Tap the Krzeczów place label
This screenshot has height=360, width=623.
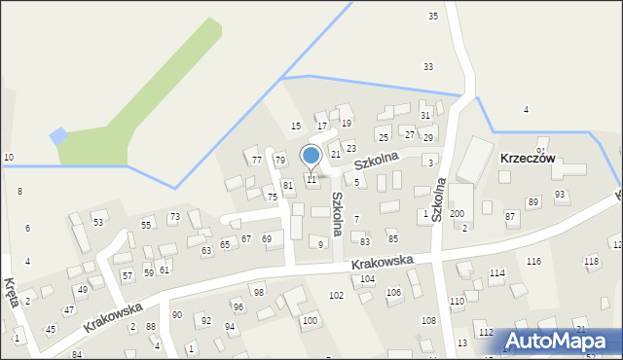pos(527,158)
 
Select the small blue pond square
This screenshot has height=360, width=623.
pos(59,136)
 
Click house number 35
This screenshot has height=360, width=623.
pos(433,17)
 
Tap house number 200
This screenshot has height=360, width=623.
pos(457,213)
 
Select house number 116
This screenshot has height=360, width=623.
pos(533,262)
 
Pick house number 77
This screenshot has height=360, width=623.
pos(257,160)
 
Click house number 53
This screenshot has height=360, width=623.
pos(98,223)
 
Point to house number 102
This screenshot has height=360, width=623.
pos(337,295)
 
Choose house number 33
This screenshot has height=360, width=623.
pos(428,66)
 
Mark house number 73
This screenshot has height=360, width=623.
pos(175,217)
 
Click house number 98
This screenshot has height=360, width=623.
pos(259,292)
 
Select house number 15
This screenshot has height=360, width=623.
pos(296,126)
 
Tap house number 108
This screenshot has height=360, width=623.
pos(428,320)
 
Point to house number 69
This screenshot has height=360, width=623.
pos(267,238)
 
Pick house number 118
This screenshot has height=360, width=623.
pos(591,261)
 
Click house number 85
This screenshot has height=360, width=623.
pos(393,238)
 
